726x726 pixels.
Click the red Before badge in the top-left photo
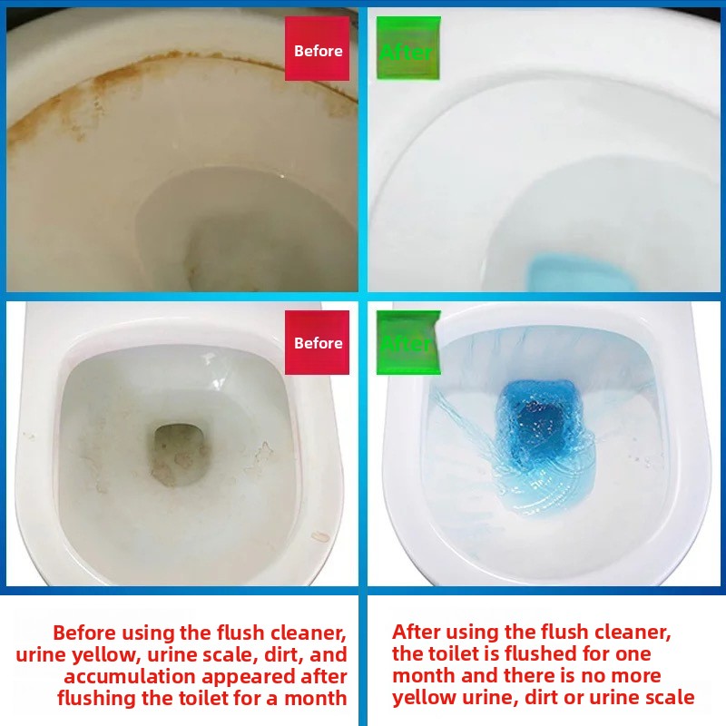point(318,50)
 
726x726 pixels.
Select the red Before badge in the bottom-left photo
point(318,342)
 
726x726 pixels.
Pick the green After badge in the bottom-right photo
point(407,343)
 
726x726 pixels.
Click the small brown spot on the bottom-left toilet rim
point(319,536)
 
